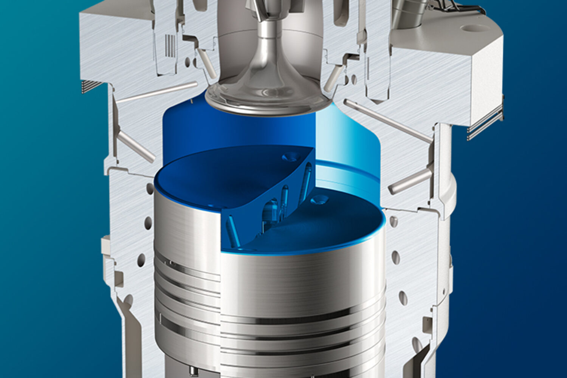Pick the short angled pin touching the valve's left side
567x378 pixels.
pos(204,66)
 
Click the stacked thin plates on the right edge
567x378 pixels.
pos(486,123)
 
